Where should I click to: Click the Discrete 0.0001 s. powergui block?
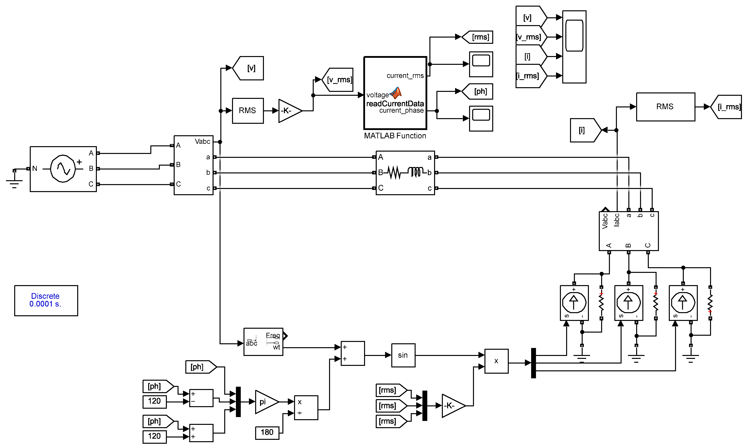pyautogui.click(x=46, y=300)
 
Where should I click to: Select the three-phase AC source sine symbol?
pyautogui.click(x=63, y=169)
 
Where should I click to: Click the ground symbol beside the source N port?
pyautogui.click(x=14, y=182)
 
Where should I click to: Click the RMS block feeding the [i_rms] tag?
pyautogui.click(x=665, y=107)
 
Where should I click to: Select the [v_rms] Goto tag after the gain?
pyautogui.click(x=339, y=80)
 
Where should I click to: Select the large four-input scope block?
pyautogui.click(x=574, y=47)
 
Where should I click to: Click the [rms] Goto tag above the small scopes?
pyautogui.click(x=478, y=37)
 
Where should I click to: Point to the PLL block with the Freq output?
pyautogui.click(x=263, y=342)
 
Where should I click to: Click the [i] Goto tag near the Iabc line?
pyautogui.click(x=584, y=130)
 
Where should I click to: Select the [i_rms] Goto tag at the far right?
pyautogui.click(x=727, y=107)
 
